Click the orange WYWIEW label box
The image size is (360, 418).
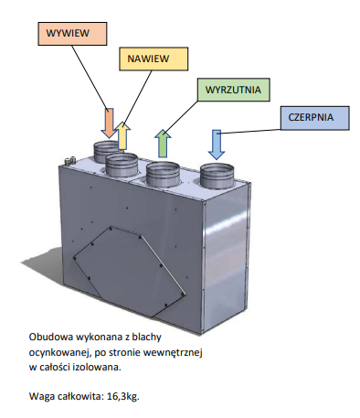[72, 34]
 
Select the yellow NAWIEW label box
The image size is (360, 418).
[154, 59]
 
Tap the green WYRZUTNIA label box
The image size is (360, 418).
[234, 90]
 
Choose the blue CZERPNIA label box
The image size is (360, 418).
[315, 118]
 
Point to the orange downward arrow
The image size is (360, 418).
[109, 123]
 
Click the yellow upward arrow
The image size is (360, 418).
[122, 135]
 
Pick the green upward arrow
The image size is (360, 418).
[163, 144]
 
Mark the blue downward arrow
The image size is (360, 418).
[217, 145]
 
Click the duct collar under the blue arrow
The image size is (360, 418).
[217, 176]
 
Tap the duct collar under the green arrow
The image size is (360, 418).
[163, 175]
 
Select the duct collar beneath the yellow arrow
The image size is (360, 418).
[122, 165]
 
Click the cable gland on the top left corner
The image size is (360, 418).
[69, 160]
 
